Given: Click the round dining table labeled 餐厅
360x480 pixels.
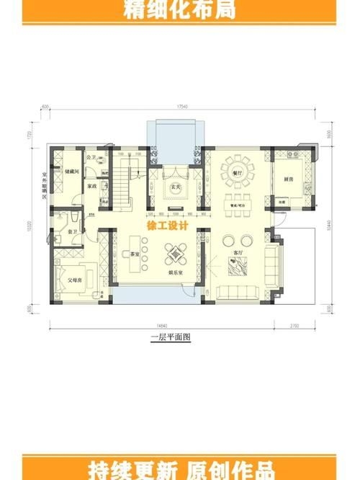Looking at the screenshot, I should tap(236, 172).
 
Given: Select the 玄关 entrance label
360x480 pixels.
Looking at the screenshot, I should tap(174, 187).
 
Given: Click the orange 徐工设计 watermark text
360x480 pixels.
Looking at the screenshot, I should tap(167, 225).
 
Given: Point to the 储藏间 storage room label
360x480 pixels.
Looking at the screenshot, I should tap(71, 172).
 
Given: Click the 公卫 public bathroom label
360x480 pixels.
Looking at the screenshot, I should tap(91, 157).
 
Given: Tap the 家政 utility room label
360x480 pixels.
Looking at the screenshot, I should tap(92, 185).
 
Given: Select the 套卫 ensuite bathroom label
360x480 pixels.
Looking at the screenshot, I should tap(73, 232).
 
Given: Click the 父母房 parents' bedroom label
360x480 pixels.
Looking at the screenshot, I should tap(75, 279).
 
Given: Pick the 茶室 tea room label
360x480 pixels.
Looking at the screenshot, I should tap(135, 254).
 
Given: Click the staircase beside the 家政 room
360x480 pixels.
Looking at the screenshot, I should tap(120, 184).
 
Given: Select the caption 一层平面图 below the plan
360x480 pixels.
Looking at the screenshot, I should tap(170, 337).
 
